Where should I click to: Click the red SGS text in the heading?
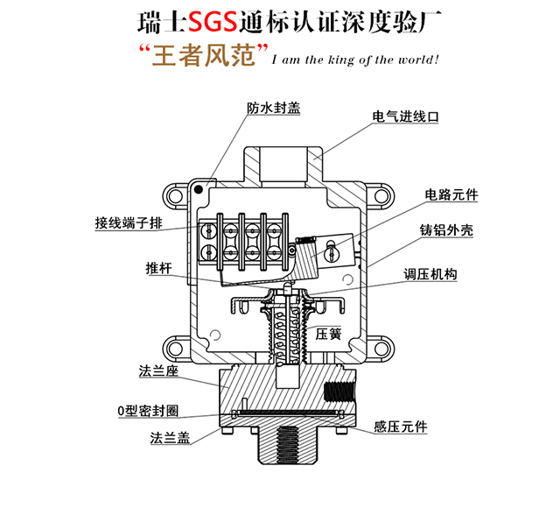(x=213, y=21)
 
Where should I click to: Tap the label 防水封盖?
(x=274, y=109)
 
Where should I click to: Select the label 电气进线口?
(x=405, y=116)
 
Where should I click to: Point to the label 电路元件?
(x=451, y=194)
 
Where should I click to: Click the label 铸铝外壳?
(x=446, y=230)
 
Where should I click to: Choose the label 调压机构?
(x=430, y=274)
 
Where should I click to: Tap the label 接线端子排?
(x=129, y=223)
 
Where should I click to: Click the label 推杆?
(x=158, y=268)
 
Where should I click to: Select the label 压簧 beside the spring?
(x=329, y=334)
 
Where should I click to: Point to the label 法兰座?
(x=158, y=371)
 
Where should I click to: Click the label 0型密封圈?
(x=148, y=411)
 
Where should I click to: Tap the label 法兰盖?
(x=170, y=438)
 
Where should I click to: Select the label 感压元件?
(x=401, y=427)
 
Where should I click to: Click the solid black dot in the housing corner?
(x=199, y=189)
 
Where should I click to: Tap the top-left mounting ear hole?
(x=175, y=195)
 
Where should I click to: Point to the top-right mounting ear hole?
(x=381, y=196)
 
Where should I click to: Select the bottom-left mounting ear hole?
(x=175, y=349)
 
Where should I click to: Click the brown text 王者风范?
(x=204, y=55)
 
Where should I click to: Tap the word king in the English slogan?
(x=341, y=60)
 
